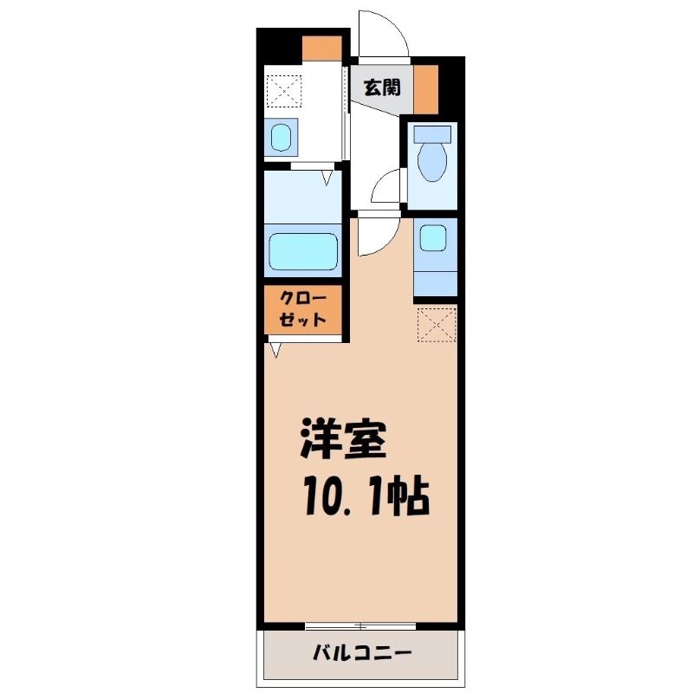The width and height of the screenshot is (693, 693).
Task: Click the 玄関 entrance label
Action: click(x=382, y=87)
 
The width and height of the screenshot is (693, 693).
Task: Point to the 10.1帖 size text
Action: click(x=366, y=495)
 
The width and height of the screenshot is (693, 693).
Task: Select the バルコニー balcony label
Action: click(x=362, y=653)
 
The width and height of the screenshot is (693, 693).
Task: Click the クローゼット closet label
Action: click(x=302, y=309)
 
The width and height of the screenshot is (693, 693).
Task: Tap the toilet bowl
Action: click(x=431, y=162)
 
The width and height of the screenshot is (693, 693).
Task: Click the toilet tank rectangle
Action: click(x=432, y=134)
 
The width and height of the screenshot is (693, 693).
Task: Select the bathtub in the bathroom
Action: click(x=303, y=251)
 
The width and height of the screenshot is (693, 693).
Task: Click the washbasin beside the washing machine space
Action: click(x=281, y=138)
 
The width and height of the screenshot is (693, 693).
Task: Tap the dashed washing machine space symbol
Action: click(x=285, y=91)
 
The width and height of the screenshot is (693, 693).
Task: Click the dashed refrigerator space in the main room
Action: click(x=437, y=325)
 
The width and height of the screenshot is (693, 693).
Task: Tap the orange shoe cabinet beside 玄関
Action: click(x=425, y=89)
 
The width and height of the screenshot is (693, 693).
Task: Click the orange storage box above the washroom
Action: click(x=321, y=49)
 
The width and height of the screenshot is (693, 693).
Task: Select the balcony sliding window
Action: click(x=360, y=625)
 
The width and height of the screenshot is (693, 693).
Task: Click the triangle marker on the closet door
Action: click(x=275, y=350)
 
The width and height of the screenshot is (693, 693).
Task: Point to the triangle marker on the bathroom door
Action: click(x=327, y=178)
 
